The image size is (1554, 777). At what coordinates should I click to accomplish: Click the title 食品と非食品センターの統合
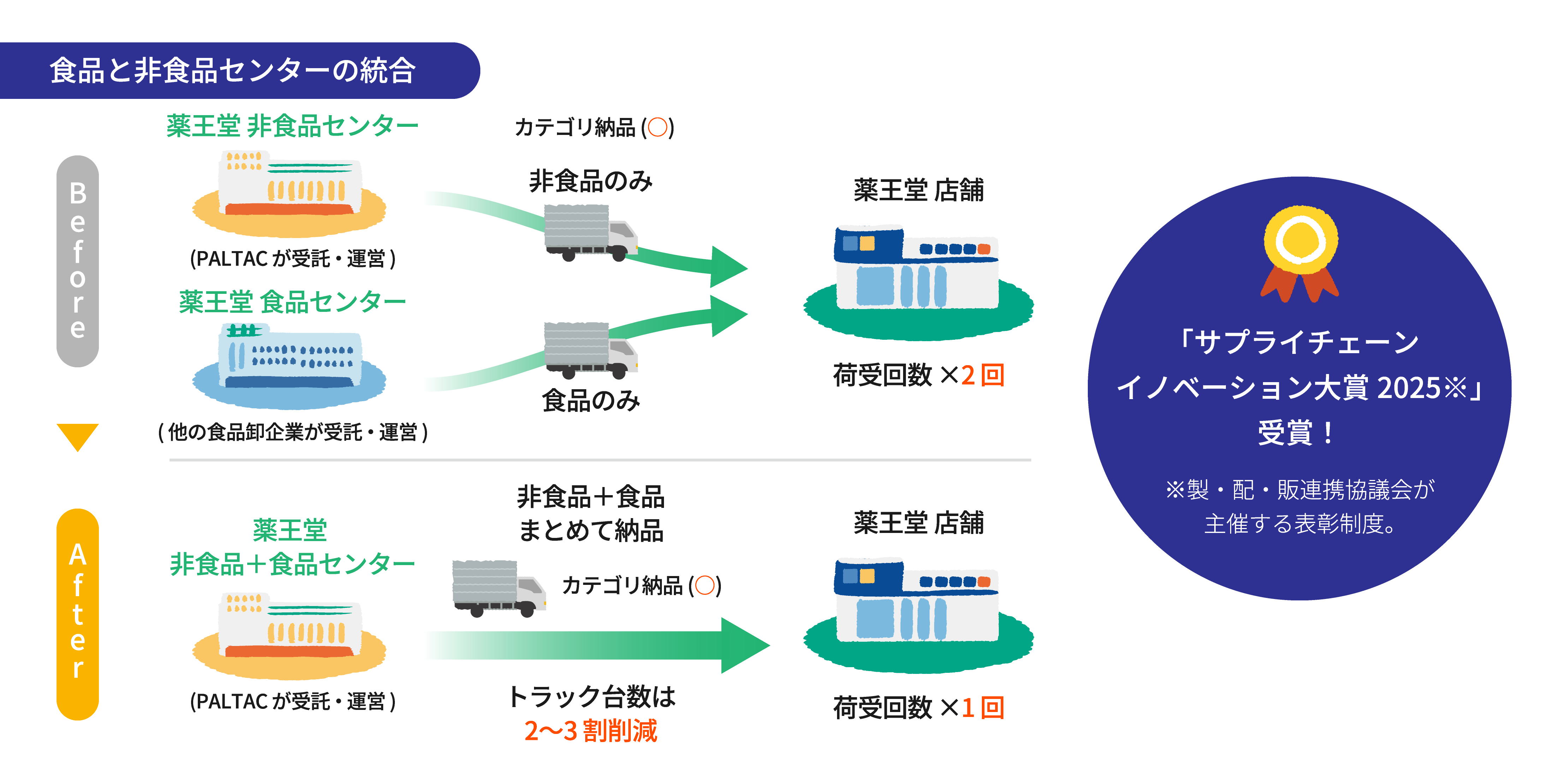pos(233,71)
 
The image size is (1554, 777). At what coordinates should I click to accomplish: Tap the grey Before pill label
pos(77,261)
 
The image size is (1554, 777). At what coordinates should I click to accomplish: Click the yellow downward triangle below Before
pos(77,435)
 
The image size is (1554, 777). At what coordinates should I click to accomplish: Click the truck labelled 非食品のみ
pos(590,233)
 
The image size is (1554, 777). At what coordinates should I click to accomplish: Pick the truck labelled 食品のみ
pos(590,350)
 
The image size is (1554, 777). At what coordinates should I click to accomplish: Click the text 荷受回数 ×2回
pos(918,375)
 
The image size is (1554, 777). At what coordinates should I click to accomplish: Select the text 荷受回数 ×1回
pos(918,708)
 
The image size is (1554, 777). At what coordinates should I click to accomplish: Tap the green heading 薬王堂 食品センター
pos(292,302)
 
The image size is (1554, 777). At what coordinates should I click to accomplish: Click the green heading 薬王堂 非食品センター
pos(292,126)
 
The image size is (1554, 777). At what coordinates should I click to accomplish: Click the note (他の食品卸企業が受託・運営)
pos(292,432)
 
